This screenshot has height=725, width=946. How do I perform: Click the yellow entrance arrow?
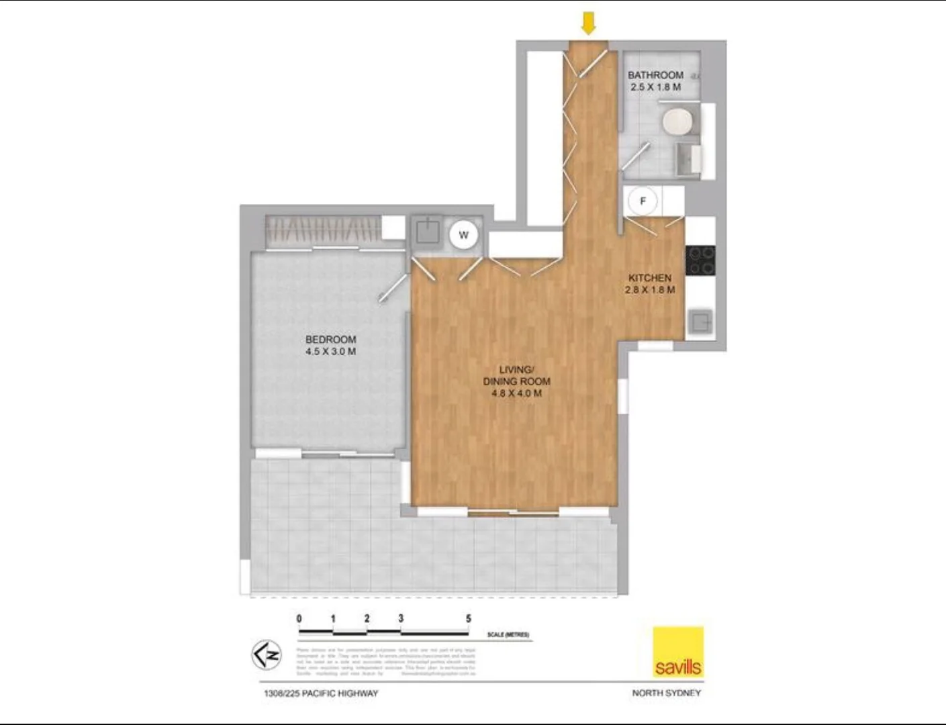coord(588,24)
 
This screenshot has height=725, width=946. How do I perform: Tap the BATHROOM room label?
coord(655,75)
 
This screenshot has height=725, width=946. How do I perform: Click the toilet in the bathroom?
coord(677,123)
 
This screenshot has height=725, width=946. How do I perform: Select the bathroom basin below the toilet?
coord(688,160)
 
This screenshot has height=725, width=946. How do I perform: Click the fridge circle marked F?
coord(643,201)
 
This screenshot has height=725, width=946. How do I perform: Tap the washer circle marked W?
coord(463,235)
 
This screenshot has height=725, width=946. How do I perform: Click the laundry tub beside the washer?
coord(427,232)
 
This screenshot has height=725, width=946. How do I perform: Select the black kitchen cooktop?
coord(700,260)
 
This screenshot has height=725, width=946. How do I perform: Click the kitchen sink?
coord(700,321)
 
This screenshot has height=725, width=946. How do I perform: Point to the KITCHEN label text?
coord(649,278)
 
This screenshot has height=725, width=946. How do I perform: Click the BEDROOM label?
coord(330,340)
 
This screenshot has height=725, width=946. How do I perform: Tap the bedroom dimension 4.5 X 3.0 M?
coord(330,352)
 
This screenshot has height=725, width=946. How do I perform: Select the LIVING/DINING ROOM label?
coord(516,375)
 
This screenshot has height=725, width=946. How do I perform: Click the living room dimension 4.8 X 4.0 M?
coord(516,393)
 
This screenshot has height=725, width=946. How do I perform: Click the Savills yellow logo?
coord(678,652)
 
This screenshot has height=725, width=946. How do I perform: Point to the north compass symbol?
coord(267,655)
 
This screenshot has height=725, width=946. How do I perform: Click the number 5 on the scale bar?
coord(469,618)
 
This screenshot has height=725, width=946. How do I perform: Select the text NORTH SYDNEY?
coord(666,693)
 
